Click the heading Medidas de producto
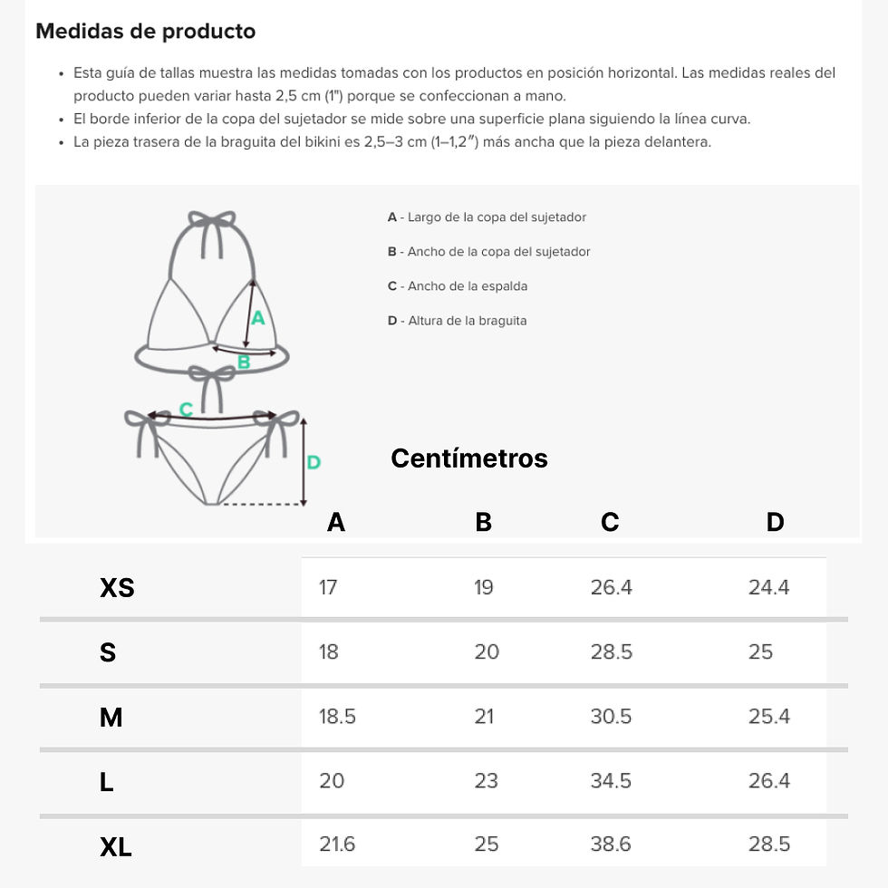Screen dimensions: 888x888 point(146,31)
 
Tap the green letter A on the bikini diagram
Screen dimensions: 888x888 point(258,318)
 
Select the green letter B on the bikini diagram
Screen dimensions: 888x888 point(244,362)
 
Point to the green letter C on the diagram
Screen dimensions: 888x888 point(186,409)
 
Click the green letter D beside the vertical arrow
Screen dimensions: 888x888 point(314,463)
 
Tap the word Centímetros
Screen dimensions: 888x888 point(469,458)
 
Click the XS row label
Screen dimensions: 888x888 point(117,588)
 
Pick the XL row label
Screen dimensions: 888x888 point(116,847)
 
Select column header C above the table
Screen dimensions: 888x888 point(610,522)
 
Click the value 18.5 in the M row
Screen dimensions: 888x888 point(337,717)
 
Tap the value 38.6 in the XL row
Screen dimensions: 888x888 point(611,844)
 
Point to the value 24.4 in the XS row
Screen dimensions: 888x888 point(768,587)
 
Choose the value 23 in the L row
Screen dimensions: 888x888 point(486,781)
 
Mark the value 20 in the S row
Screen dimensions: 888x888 point(487,652)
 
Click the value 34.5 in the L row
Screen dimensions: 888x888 point(611,781)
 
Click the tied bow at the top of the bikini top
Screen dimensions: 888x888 point(212,219)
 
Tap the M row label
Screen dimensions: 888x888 point(111,718)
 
